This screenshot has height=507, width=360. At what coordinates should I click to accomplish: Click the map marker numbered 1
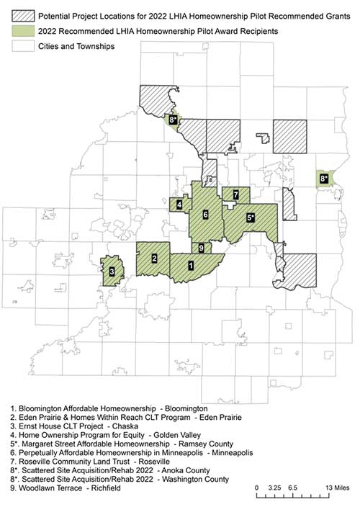[x=190, y=266]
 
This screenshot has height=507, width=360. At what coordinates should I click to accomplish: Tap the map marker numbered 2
[x=155, y=258]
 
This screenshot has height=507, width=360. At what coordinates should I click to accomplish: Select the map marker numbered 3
[x=112, y=272]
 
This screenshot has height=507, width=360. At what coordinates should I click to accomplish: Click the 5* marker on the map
[x=251, y=217]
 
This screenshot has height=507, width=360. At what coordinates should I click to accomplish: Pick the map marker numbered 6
[x=206, y=214]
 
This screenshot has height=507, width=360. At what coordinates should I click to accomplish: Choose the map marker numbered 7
[x=235, y=194]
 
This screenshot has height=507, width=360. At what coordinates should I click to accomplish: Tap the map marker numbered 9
[x=201, y=248]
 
